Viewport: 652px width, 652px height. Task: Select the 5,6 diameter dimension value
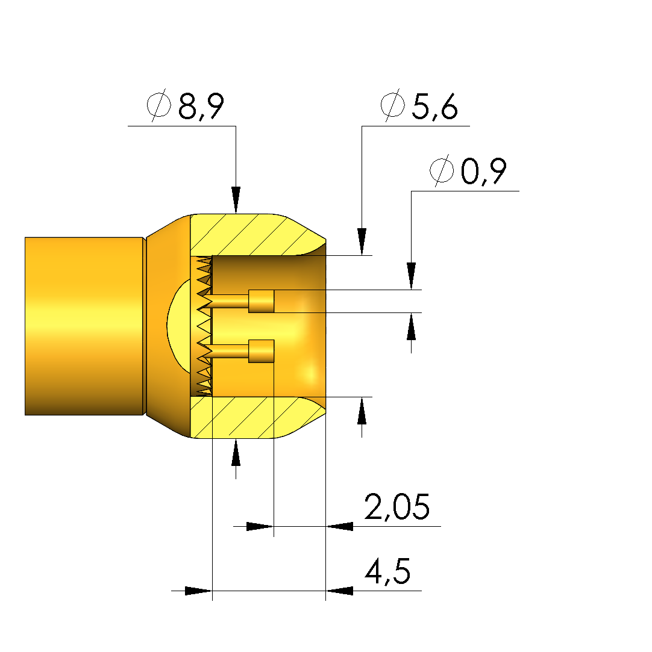[435, 106]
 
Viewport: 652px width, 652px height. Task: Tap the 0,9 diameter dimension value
[484, 171]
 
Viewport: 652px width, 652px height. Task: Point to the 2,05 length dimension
[397, 506]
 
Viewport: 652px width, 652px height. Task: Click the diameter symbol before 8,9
[158, 105]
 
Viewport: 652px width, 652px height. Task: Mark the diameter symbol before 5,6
[392, 105]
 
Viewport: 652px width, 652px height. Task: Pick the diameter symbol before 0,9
[442, 170]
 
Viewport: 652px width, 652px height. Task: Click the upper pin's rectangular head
[262, 301]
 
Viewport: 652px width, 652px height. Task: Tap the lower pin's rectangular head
[262, 352]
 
